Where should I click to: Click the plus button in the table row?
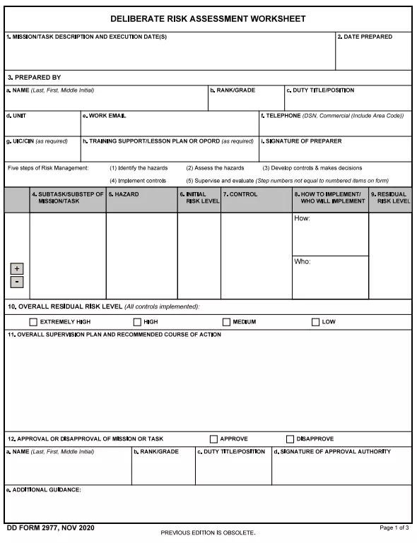coord(17,269)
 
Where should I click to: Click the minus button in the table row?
coord(17,282)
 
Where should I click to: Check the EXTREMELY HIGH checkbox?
coord(33,322)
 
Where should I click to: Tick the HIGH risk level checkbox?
coord(137,322)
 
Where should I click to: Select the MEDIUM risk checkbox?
coord(226,322)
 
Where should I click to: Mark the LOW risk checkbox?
coord(315,322)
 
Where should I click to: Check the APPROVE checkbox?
coord(213,438)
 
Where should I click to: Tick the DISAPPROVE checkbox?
coord(290,438)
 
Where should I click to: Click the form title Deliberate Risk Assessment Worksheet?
coord(208,19)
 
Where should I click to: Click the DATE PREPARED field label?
coord(366,37)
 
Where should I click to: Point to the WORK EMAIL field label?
coord(106,115)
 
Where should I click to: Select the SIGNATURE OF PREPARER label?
coord(302,141)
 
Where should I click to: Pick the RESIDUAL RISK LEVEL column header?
coord(391,198)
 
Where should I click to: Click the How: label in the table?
coord(302,219)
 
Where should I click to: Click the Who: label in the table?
coord(302,262)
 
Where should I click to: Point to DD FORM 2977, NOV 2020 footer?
coord(49,527)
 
